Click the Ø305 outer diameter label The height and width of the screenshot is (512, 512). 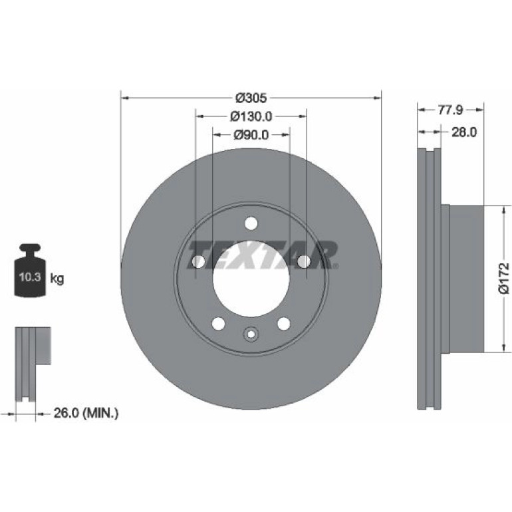pos(251,98)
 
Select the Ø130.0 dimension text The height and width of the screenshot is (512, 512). pos(251,116)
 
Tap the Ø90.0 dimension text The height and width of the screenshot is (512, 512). pos(251,134)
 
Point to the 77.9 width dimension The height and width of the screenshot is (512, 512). pos(450,110)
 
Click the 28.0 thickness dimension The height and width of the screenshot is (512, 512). pos(464,132)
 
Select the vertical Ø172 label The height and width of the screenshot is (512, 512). pos(504,278)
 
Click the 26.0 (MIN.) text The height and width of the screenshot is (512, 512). pos(86,414)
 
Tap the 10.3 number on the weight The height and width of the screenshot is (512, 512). pos(30,277)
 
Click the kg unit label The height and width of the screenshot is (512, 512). pos(57,279)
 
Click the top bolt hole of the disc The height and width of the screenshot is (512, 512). pos(251,223)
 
